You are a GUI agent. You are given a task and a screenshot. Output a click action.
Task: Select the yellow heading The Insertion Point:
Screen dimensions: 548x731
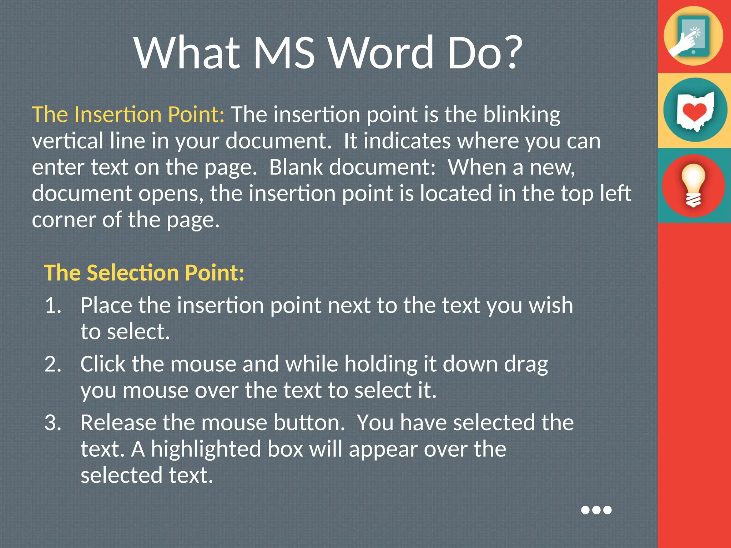128,115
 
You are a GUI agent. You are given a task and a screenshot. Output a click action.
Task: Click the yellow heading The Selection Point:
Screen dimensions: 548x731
144,273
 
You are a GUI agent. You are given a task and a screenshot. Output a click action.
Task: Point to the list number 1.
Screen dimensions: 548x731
53,306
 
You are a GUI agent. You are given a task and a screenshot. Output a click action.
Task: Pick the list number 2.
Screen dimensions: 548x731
53,365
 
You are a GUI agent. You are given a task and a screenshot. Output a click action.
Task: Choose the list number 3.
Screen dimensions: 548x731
53,423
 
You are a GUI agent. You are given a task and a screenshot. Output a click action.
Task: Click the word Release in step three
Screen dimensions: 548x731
118,423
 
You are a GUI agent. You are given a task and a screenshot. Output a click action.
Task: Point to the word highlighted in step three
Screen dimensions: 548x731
206,450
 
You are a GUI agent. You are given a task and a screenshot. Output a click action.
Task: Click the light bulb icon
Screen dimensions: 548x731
693,186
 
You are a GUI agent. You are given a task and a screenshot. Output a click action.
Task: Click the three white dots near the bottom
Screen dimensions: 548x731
596,510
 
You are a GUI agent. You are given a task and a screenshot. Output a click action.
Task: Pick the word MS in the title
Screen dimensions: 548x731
284,52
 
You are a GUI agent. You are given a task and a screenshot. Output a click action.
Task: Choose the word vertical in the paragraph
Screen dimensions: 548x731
67,141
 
